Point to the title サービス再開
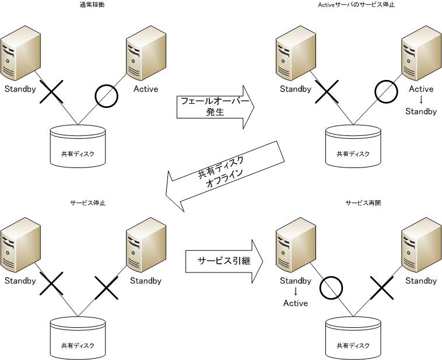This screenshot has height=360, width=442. (363, 203)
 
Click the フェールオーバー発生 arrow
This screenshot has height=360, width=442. (215, 107)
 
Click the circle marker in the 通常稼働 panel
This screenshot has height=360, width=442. (106, 95)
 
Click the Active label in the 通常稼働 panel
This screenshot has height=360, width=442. (146, 89)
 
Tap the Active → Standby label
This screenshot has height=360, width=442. (421, 100)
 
